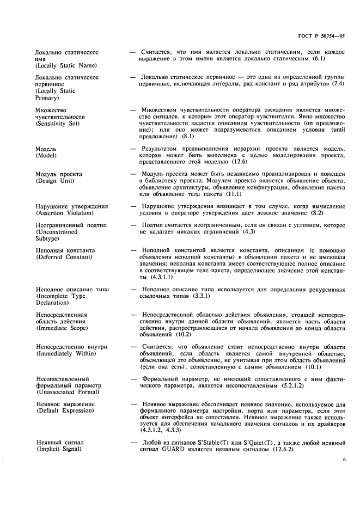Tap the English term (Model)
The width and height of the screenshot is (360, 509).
tap(47, 155)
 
